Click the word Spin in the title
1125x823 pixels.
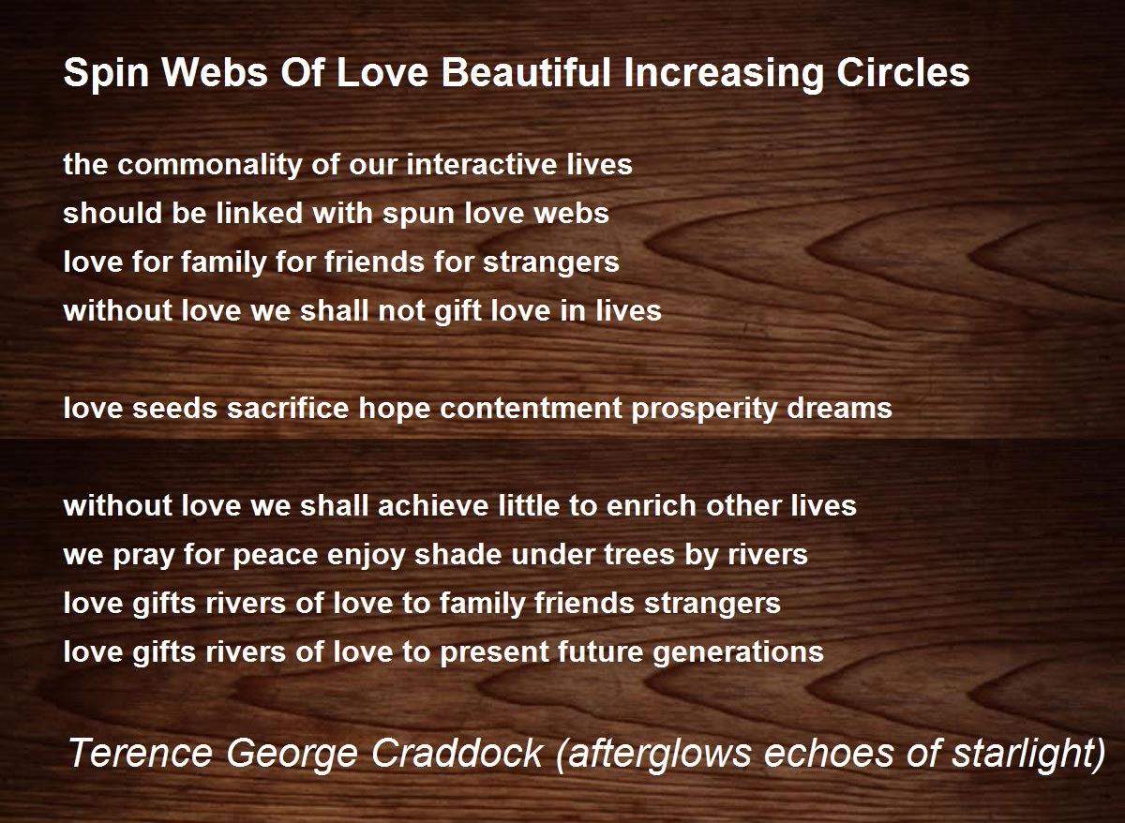106,73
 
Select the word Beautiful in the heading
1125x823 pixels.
526,72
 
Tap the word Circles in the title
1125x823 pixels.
903,72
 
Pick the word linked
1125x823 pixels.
259,213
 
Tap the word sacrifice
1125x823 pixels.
288,408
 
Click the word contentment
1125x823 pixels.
531,409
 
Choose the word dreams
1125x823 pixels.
839,408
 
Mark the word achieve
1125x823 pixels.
433,505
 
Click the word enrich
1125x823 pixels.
651,505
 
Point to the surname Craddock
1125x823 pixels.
457,753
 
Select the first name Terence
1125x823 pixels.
140,753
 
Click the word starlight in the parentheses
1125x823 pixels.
1028,754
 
